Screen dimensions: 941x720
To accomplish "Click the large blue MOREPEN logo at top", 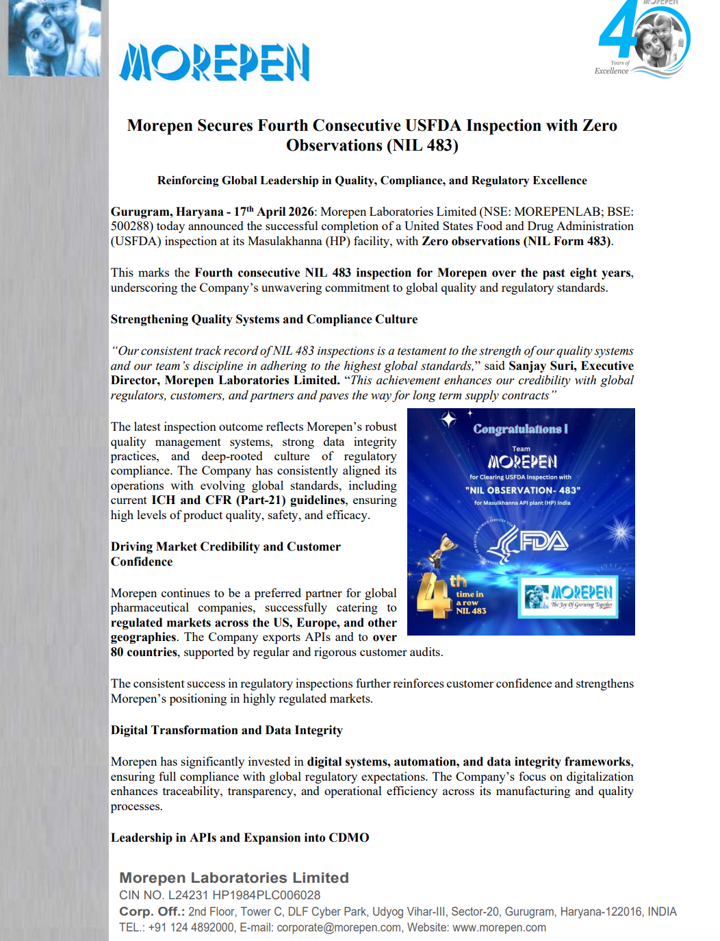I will click(214, 62).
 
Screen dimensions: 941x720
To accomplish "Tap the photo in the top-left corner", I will click(54, 37).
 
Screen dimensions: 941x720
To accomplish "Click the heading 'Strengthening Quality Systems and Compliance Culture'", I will click(263, 319).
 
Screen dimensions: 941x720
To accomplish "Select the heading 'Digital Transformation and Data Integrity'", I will click(227, 730).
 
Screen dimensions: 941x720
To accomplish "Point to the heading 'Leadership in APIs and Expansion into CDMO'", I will click(240, 838).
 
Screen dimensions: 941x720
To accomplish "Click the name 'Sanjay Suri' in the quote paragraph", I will click(541, 366).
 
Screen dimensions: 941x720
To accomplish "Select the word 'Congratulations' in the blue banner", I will click(518, 429).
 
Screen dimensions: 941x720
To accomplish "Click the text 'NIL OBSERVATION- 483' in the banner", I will click(522, 490).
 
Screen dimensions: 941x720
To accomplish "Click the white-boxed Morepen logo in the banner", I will click(569, 597).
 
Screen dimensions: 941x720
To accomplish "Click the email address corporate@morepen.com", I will click(339, 927).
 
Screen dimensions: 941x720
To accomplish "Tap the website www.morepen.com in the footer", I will click(499, 927).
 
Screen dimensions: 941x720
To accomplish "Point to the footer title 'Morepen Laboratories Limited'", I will click(234, 877).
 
